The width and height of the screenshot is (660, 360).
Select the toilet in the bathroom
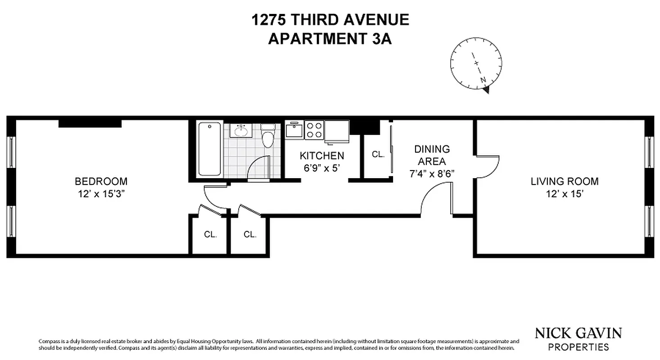click(x=268, y=136)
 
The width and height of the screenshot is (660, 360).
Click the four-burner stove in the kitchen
click(x=314, y=130)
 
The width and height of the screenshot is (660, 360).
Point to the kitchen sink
click(x=295, y=130)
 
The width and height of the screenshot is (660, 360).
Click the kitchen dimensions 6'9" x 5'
click(x=322, y=167)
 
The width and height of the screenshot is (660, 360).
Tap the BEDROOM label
click(x=101, y=181)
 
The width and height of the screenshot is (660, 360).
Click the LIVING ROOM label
click(x=564, y=181)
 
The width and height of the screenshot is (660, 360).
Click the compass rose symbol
click(x=477, y=64)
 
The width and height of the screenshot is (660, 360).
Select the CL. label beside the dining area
click(x=378, y=154)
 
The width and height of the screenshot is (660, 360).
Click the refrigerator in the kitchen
click(x=337, y=131)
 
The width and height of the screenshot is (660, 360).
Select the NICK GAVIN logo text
click(x=578, y=333)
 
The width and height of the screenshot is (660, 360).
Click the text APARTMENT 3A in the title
click(x=330, y=39)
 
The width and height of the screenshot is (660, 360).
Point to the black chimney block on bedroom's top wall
click(x=90, y=123)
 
